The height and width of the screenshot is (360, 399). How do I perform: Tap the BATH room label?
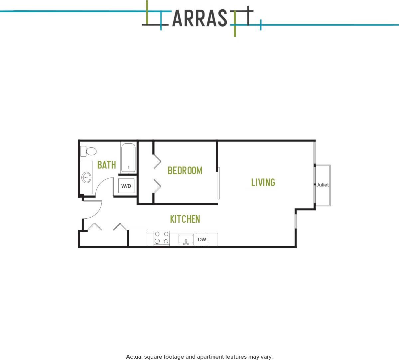106,165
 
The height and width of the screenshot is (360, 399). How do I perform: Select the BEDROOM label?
185,171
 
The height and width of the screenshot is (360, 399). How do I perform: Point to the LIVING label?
263,182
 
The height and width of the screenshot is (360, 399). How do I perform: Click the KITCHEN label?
185,219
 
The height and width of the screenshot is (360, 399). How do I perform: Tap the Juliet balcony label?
323,185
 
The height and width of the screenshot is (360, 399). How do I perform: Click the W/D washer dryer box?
126,186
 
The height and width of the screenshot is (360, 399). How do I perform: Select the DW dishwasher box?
202,239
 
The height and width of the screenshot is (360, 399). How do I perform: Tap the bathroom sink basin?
86,178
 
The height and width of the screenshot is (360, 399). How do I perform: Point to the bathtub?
128,158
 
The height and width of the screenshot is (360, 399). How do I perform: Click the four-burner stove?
162,238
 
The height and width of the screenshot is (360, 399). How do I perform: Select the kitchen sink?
186,239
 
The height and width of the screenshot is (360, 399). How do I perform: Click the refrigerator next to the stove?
138,237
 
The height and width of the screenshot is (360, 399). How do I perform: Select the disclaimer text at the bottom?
199,357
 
